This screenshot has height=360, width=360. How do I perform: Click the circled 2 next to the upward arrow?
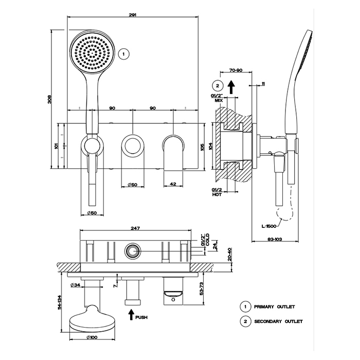coord(218,86)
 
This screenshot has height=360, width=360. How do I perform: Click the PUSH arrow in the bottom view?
coord(132,314)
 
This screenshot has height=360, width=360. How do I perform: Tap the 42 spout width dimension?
coord(173,184)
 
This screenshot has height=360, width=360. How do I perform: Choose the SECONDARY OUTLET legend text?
coord(278,321)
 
